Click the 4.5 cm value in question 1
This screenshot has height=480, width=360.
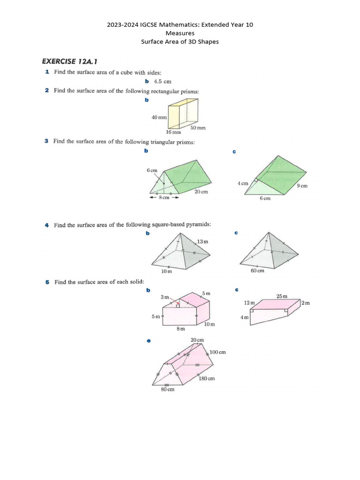point(162,81)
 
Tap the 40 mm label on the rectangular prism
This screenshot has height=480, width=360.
point(159,118)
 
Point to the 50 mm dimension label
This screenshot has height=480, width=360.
point(198,127)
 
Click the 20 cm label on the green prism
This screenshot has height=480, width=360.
point(201,192)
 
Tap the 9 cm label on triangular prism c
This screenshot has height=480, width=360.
point(302,186)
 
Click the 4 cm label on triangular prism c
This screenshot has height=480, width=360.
point(243,183)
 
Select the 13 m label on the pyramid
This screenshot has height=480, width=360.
point(202,241)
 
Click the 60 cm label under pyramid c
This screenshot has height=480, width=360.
point(258,271)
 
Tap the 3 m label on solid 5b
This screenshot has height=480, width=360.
point(165,297)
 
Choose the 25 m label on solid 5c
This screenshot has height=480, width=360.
point(282,296)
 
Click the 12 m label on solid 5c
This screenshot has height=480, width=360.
point(249,303)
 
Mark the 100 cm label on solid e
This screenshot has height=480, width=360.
point(218,352)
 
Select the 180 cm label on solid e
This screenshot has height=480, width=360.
point(207,378)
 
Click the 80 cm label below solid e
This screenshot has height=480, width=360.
point(167,390)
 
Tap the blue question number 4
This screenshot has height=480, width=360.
point(47,225)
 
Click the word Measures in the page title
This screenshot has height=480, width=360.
point(180,33)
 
